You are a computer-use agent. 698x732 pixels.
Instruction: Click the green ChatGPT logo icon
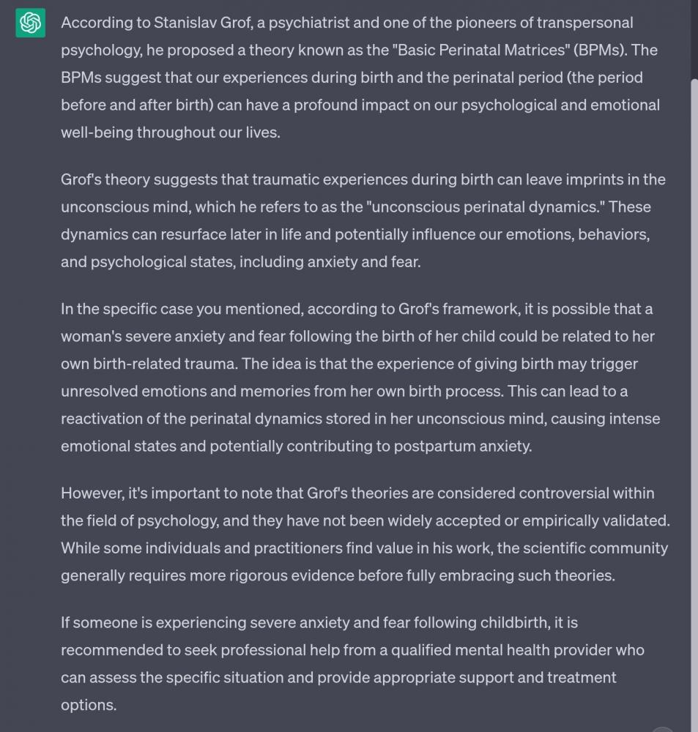click(x=30, y=23)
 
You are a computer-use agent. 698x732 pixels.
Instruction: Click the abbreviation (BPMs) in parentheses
click(x=600, y=50)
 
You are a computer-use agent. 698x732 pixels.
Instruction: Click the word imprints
click(x=595, y=179)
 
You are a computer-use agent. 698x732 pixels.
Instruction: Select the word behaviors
click(x=614, y=234)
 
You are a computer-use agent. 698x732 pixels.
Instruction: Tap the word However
click(x=92, y=493)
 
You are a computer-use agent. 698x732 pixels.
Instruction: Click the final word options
click(x=87, y=705)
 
